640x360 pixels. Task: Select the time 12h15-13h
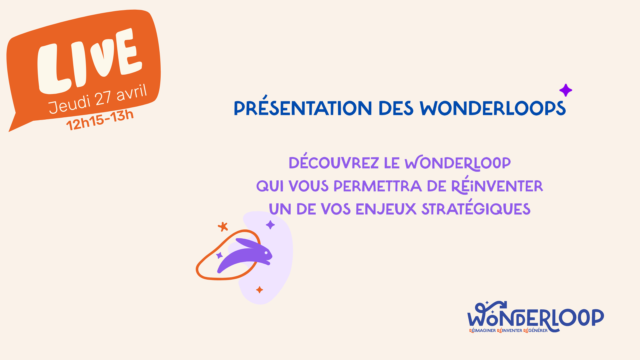pos(100,120)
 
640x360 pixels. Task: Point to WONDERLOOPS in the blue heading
pos(493,108)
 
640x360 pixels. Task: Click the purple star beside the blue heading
pos(566,90)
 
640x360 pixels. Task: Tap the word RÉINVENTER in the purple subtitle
pos(497,185)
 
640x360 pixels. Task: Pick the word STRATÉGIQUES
pos(476,208)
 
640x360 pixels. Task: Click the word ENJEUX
pos(386,209)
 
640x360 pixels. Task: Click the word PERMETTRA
pos(378,186)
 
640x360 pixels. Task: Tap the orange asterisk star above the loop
pos(223,227)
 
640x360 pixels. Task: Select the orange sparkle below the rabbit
pos(259,290)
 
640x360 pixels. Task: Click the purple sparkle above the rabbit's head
pos(270,225)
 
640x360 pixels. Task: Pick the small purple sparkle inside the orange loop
pos(219,255)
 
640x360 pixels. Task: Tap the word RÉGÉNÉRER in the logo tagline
pos(535,331)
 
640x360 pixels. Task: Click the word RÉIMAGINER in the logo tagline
pos(482,331)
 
